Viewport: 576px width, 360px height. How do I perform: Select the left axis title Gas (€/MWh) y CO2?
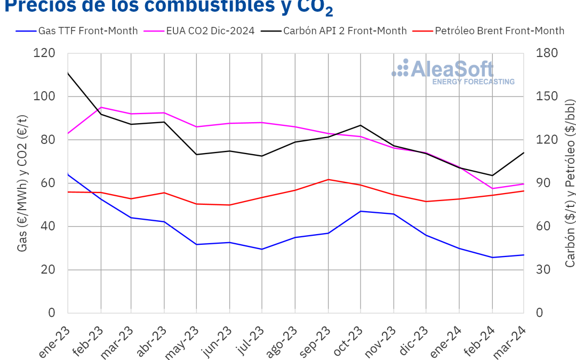[x=23, y=183]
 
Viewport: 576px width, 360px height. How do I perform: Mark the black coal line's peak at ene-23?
[x=68, y=73]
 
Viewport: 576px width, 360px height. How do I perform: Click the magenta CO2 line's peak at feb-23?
[x=101, y=107]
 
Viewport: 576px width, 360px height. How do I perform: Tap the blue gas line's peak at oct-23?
[x=361, y=211]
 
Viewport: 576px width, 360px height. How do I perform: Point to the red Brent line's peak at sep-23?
[x=328, y=179]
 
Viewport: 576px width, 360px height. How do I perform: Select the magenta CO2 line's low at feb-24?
[x=491, y=188]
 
